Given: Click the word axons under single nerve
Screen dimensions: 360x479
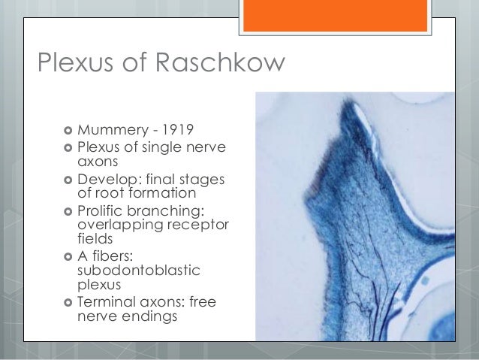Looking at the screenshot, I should [x=96, y=160].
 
